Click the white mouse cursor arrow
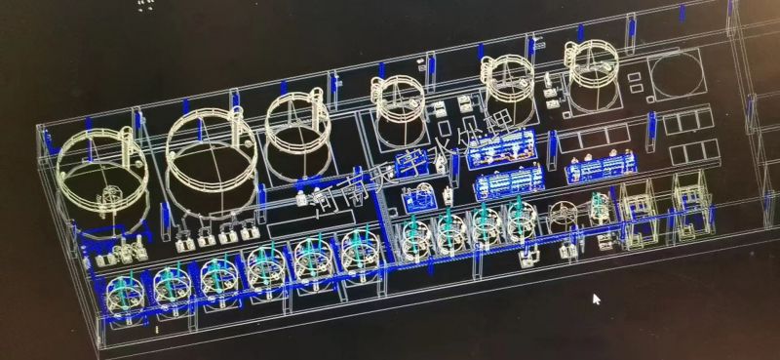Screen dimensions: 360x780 (597, 300)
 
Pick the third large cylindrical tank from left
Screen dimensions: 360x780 (298, 124)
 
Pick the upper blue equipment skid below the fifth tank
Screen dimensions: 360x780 (501, 147)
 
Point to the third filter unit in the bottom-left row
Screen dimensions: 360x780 (217, 275)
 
